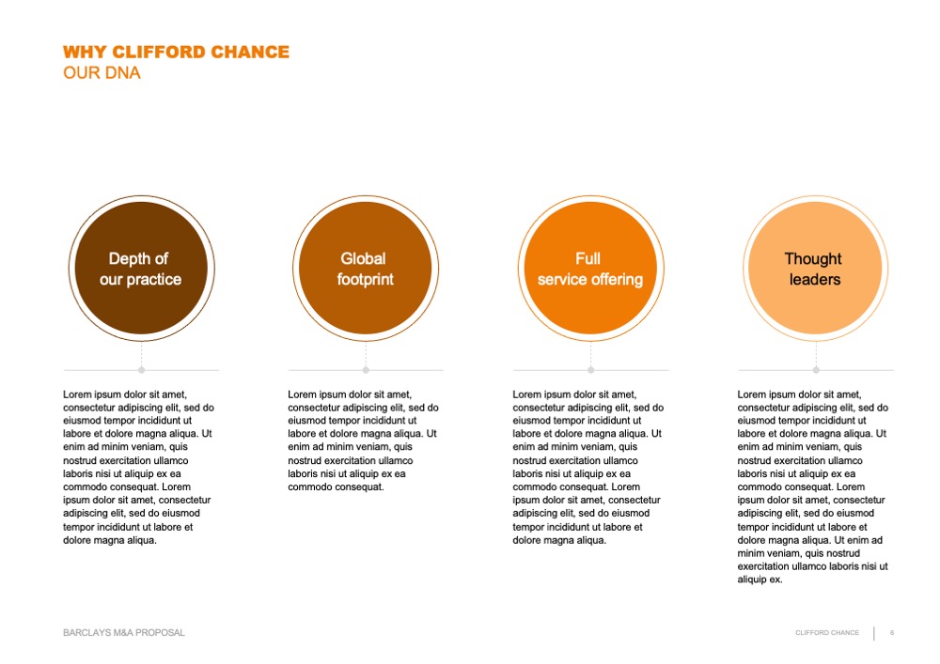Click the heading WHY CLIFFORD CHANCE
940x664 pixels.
177,52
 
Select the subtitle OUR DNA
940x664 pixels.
102,73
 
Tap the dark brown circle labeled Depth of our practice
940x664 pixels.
142,269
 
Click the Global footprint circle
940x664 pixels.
366,269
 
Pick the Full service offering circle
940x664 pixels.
590,269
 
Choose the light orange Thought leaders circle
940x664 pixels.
815,269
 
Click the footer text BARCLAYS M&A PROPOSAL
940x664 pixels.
124,633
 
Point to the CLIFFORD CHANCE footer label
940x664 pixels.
827,633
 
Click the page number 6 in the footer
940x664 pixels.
892,633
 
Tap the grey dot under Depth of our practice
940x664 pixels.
142,370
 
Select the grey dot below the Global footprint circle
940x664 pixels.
366,370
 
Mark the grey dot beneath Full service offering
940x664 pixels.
590,370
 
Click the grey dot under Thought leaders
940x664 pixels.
816,370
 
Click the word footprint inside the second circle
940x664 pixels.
365,280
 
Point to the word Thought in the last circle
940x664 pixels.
813,258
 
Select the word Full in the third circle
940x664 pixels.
588,258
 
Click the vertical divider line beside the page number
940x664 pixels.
874,633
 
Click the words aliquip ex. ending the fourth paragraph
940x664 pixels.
760,579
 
